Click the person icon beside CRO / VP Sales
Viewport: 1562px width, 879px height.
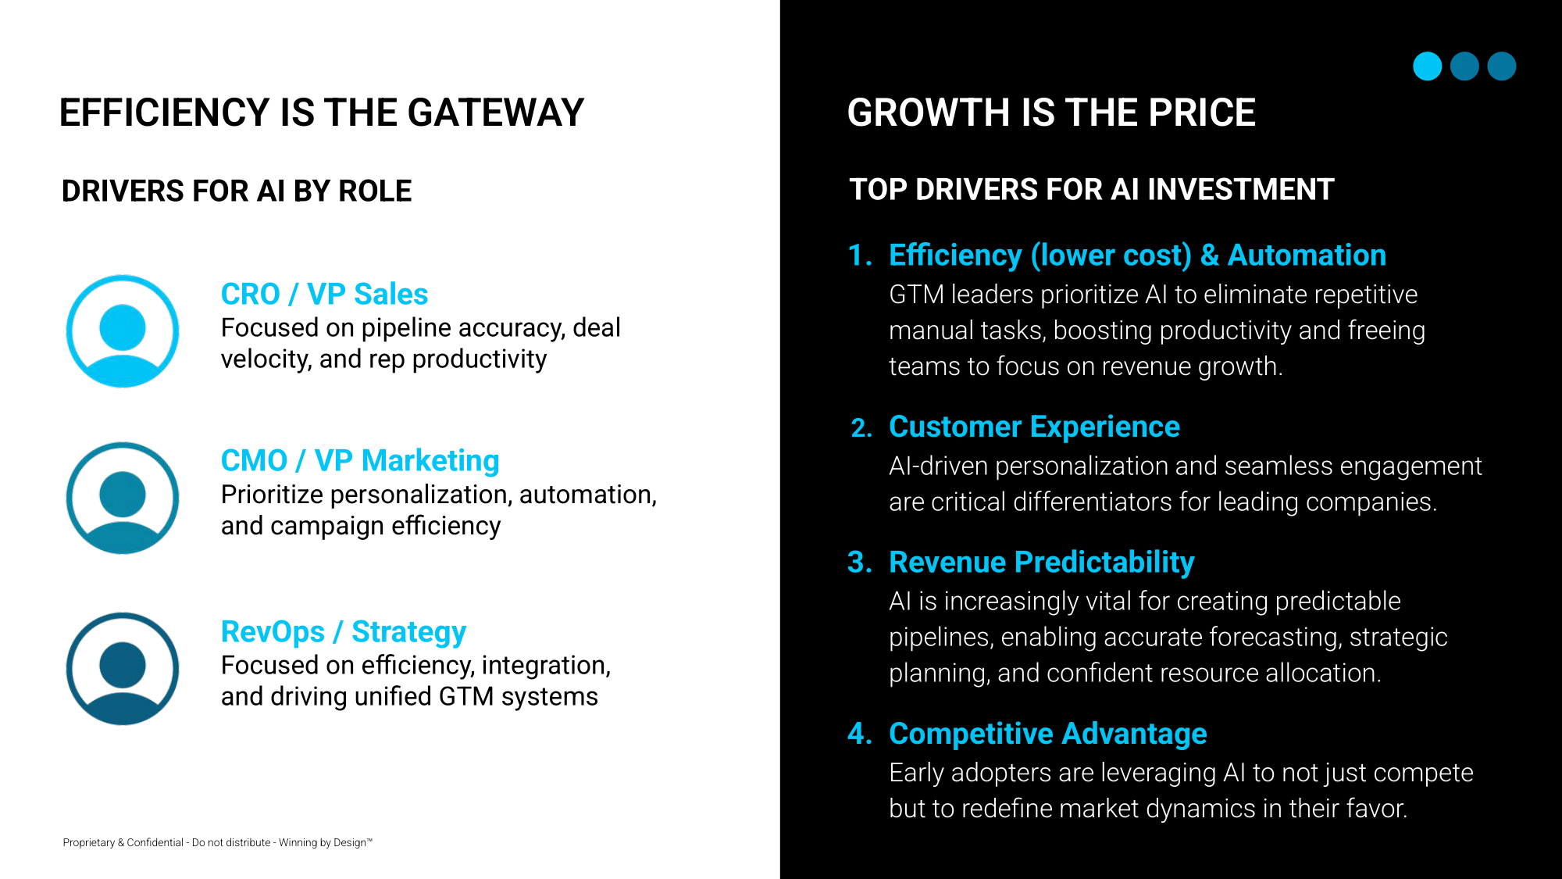point(123,331)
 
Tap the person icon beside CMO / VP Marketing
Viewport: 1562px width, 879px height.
point(123,498)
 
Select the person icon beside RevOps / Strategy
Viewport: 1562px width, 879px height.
point(123,669)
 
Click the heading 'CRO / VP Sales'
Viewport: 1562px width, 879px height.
point(324,294)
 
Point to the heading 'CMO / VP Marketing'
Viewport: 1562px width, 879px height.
point(360,461)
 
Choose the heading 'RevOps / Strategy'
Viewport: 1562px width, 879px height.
point(344,631)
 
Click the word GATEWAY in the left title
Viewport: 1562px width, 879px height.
point(496,113)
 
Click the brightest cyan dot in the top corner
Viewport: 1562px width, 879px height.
point(1427,66)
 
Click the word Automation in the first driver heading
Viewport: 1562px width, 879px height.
point(1307,255)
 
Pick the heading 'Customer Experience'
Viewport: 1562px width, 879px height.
point(1034,427)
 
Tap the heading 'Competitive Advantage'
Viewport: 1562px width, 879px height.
point(1048,734)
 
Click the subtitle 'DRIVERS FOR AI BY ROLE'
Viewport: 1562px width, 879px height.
point(237,191)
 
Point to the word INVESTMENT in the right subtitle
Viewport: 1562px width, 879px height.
point(1240,189)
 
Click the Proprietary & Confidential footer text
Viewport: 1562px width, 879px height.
point(218,842)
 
